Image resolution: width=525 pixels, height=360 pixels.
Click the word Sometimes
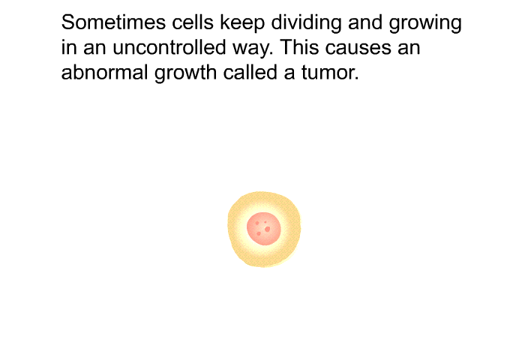(x=113, y=22)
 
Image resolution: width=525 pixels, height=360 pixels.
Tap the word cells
(x=193, y=22)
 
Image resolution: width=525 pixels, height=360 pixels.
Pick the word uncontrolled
(x=169, y=47)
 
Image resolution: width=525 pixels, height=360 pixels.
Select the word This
(x=300, y=47)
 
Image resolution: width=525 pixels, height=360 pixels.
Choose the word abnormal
(x=104, y=72)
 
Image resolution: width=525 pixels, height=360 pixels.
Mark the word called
(x=250, y=72)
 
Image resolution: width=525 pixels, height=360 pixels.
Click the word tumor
(x=330, y=73)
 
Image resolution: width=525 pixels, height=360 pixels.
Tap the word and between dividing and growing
(x=365, y=22)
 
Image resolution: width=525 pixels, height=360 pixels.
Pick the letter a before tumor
(x=289, y=74)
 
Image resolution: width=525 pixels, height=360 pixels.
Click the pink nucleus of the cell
(x=263, y=229)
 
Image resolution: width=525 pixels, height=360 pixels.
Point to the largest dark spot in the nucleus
(x=267, y=229)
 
